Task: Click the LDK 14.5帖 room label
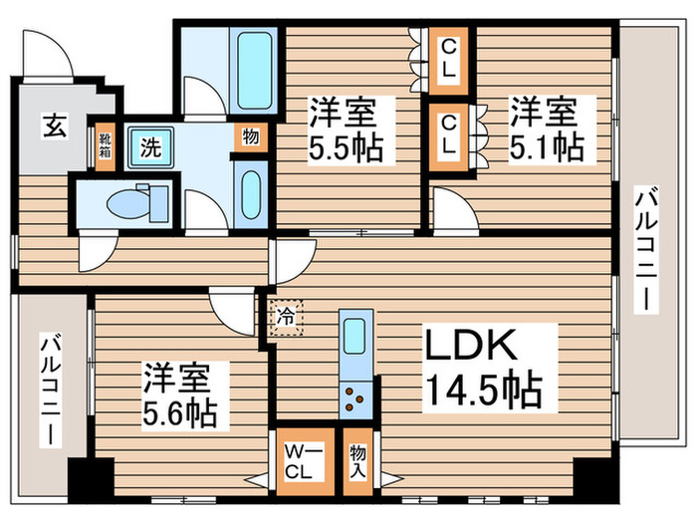coord(484,366)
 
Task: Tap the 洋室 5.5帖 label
coord(343,128)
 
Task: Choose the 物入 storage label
coord(357,459)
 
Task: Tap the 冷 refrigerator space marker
coord(285,319)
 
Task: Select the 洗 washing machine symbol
coord(150,149)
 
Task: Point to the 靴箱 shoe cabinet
coord(105,148)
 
